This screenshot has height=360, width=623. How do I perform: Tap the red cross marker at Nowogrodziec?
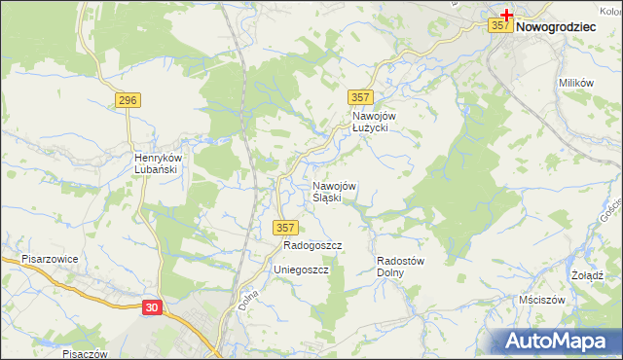point(507,15)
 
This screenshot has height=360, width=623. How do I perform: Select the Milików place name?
point(576,84)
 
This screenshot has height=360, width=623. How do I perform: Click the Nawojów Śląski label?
point(335,192)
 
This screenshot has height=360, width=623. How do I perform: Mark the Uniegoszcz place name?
point(301,270)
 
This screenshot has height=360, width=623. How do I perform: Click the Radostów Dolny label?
point(398,267)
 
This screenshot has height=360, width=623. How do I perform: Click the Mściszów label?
point(542,300)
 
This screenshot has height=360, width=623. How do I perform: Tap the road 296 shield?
point(128,100)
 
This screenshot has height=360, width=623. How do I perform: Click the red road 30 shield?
point(151,307)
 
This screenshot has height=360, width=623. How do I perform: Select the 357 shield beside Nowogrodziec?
point(499,26)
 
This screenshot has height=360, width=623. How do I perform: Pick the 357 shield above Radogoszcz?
point(284,227)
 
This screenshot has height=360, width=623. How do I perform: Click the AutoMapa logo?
point(557,342)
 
